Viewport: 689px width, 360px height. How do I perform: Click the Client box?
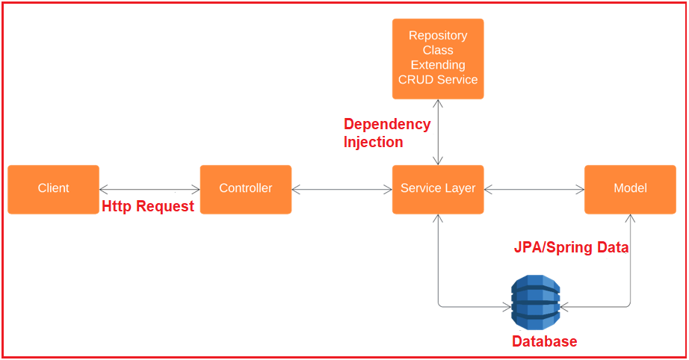click(x=54, y=190)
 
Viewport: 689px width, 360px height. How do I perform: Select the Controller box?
click(x=246, y=190)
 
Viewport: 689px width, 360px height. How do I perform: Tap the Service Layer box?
click(x=438, y=190)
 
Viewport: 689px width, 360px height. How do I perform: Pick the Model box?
click(x=630, y=190)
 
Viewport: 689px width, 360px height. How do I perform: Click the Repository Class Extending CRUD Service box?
click(x=438, y=59)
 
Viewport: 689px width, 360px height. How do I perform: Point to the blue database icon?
click(x=536, y=302)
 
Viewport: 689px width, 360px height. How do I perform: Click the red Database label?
click(x=545, y=341)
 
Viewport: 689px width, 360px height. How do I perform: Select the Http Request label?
click(x=148, y=206)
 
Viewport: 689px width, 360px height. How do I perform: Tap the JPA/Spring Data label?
click(x=571, y=248)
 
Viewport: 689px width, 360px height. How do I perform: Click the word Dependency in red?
click(x=387, y=124)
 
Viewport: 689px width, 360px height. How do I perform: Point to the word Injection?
click(x=373, y=142)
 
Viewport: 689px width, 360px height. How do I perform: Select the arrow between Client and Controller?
click(x=150, y=190)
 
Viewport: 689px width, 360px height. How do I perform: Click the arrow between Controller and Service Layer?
click(x=342, y=190)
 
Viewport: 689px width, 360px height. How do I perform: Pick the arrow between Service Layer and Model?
click(x=534, y=190)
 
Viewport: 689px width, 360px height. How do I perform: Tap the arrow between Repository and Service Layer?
click(x=438, y=132)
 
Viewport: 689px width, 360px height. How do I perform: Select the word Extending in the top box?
click(x=438, y=65)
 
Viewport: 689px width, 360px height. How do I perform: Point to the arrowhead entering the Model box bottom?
click(x=631, y=218)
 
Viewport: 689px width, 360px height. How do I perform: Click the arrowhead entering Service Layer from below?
click(x=438, y=218)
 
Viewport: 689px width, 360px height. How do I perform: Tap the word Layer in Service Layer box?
click(x=460, y=189)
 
